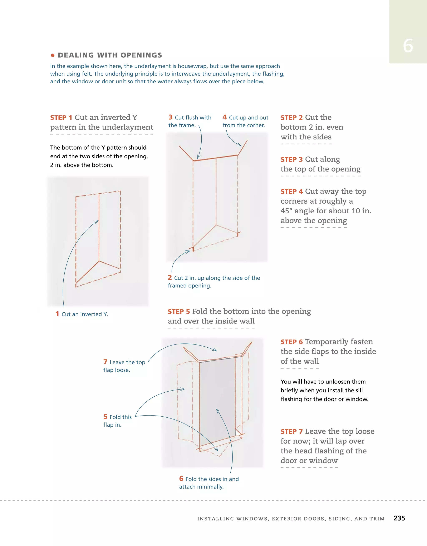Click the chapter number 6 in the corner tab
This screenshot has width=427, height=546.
(408, 46)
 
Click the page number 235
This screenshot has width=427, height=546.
(399, 518)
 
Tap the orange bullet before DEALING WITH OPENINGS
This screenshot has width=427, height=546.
(53, 55)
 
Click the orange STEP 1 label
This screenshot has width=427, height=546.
(61, 118)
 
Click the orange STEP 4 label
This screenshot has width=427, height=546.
(291, 192)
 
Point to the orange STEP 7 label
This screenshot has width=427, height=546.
(291, 432)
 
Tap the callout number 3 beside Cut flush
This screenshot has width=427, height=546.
(171, 117)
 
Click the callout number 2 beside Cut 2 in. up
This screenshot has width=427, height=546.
(170, 278)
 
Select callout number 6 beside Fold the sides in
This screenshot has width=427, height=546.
(181, 479)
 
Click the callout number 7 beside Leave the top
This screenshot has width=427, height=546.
(105, 362)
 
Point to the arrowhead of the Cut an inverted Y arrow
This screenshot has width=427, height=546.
(98, 221)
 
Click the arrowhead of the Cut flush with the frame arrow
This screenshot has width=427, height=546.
(198, 158)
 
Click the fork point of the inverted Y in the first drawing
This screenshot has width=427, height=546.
(99, 261)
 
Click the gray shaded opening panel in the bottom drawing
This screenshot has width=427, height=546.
(217, 400)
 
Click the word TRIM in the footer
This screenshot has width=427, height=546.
(377, 519)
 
